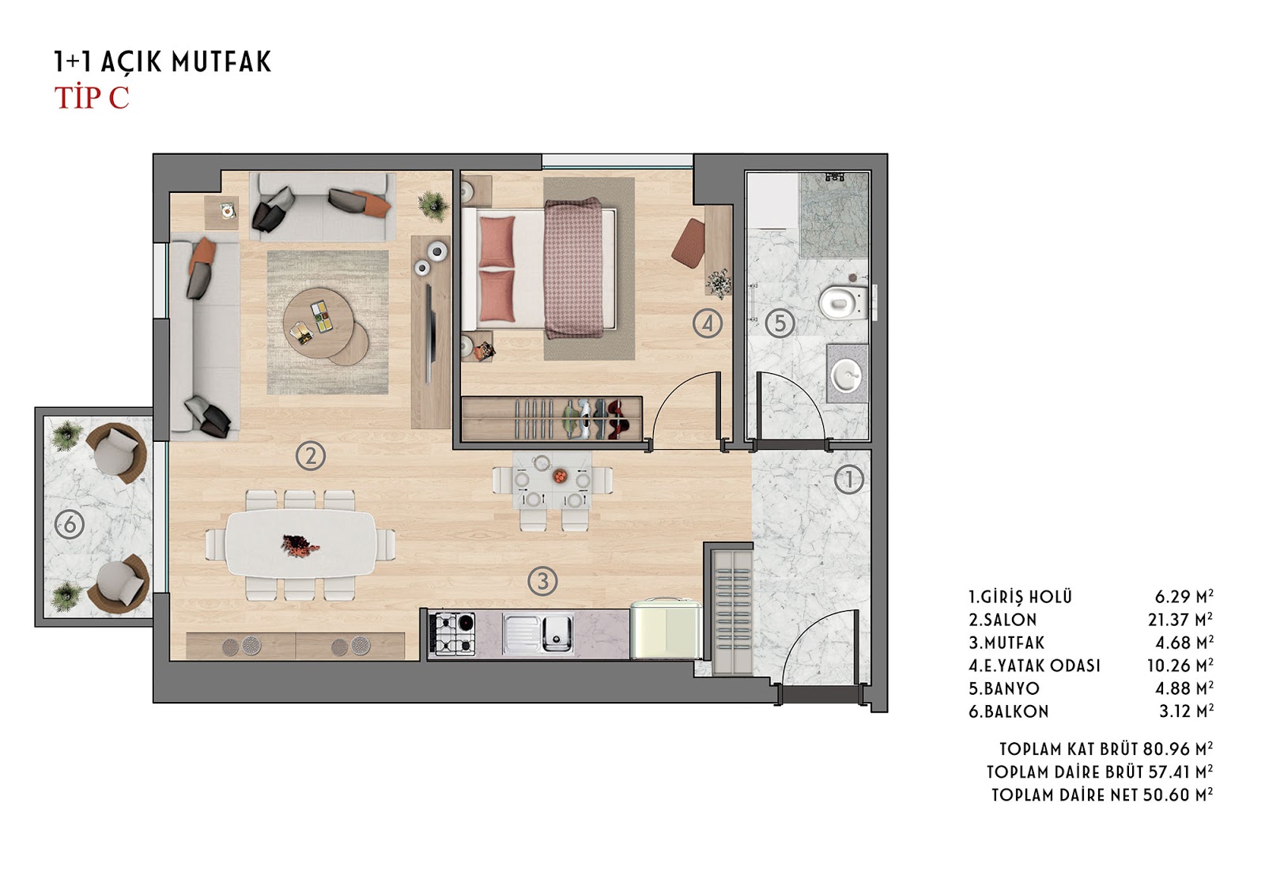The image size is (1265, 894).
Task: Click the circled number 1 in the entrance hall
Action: click(849, 480)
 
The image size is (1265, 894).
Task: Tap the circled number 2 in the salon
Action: click(311, 455)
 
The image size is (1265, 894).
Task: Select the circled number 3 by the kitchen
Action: click(542, 580)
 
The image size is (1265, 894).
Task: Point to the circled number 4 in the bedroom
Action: click(708, 323)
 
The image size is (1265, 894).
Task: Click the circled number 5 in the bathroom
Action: click(780, 323)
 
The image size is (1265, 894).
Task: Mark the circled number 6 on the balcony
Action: click(70, 525)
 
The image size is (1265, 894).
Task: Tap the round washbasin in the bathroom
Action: click(848, 374)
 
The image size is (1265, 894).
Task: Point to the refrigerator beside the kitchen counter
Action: click(666, 629)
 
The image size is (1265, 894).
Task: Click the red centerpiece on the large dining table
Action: click(300, 545)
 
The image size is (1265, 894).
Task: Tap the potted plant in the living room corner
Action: click(434, 204)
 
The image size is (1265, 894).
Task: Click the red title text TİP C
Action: click(92, 98)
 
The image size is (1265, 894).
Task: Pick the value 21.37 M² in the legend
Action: click(1180, 620)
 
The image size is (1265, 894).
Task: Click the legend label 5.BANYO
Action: click(1004, 688)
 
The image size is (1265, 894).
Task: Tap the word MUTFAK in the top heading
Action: click(221, 62)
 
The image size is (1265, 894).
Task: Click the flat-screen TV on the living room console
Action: click(430, 334)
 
